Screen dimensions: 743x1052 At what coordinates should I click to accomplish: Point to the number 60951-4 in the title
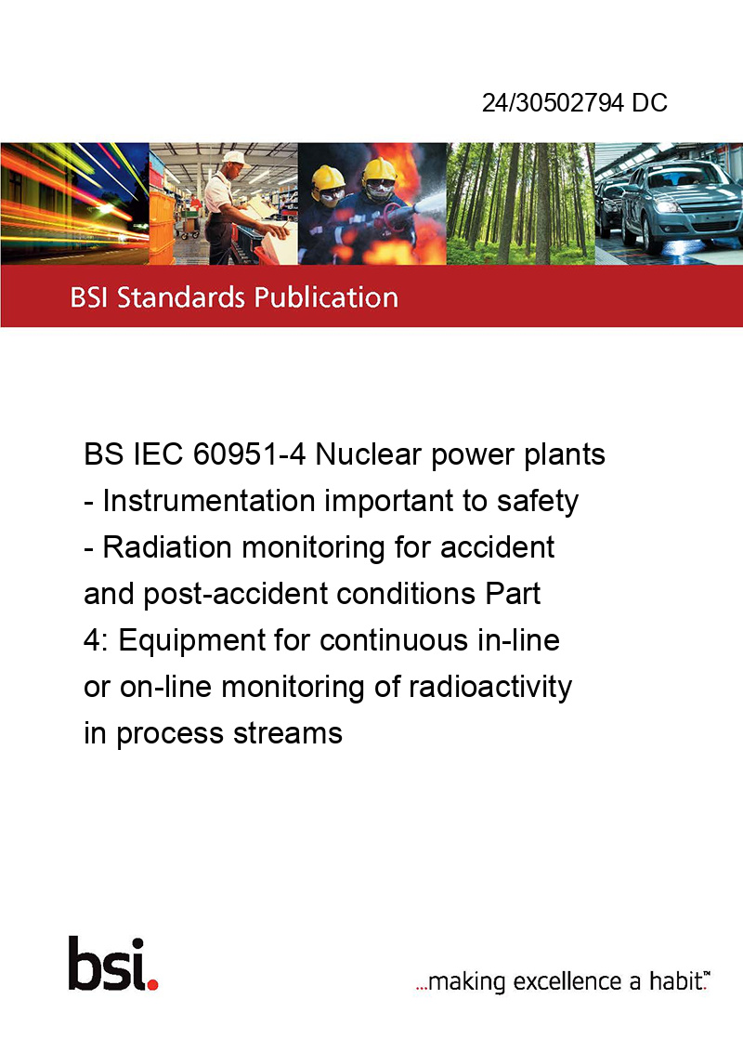coord(250,454)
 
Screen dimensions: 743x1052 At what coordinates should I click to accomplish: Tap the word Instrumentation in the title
coord(209,501)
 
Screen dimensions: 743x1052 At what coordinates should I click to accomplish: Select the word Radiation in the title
coord(168,546)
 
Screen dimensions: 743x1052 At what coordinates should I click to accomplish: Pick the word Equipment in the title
coord(191,640)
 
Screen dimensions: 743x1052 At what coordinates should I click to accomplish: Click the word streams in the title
coord(288,733)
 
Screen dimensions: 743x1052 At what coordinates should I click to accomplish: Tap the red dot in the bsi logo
coord(152,984)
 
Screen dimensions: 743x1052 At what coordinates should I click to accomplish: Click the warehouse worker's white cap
coord(235,158)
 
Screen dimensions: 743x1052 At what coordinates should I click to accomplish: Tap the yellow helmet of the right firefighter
coord(379,170)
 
